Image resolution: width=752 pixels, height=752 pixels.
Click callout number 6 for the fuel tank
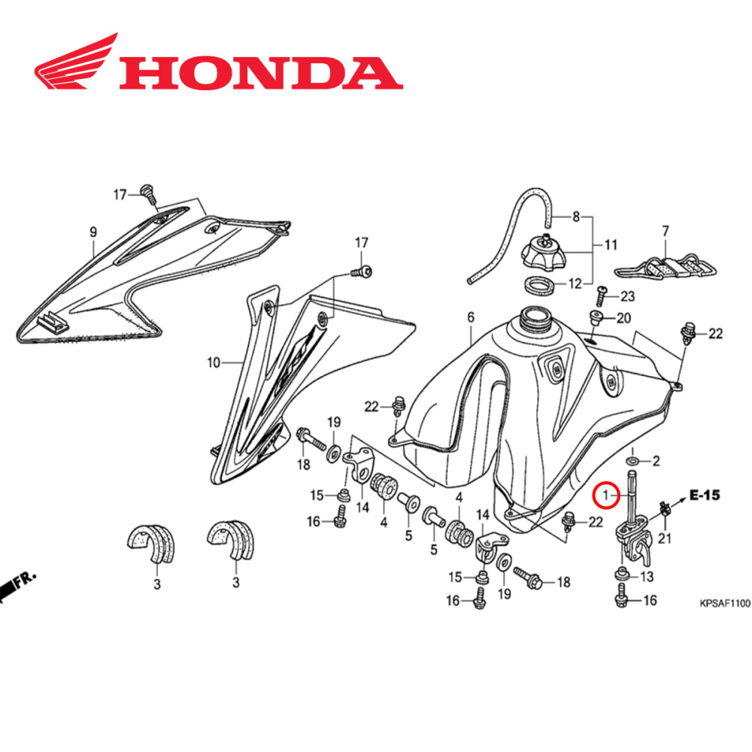[471, 318]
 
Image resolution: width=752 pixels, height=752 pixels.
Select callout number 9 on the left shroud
[93, 232]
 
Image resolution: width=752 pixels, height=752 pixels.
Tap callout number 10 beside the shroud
[214, 363]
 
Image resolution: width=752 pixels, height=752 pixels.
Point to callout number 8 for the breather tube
[577, 217]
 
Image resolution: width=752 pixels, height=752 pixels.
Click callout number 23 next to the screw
[627, 296]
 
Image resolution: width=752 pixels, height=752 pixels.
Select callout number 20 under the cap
[623, 318]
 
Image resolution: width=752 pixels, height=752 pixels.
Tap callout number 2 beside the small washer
[654, 461]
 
